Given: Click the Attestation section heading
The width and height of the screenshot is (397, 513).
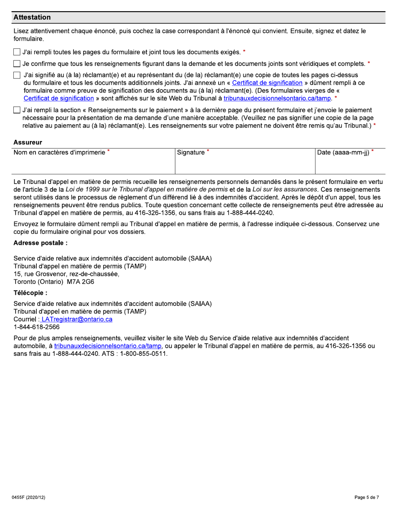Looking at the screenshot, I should point(32,18).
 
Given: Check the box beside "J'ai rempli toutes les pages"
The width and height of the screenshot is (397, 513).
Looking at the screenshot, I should point(17,52).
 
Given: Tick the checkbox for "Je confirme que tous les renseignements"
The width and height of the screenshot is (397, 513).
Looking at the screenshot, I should point(17,64).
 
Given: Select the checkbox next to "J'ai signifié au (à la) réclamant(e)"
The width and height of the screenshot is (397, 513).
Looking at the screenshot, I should point(17,75).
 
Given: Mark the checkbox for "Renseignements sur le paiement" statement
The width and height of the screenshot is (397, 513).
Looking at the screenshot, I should point(17,111).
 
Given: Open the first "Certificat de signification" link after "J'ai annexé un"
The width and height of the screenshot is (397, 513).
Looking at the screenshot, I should point(267,83).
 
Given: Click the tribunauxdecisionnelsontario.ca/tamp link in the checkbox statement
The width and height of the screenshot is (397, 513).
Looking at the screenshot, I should point(277,98).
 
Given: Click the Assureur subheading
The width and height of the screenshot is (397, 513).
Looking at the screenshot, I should point(28,143).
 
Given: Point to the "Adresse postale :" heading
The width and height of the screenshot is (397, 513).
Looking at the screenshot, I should point(41,243).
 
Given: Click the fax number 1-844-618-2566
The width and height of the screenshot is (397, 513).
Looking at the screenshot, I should point(36,327).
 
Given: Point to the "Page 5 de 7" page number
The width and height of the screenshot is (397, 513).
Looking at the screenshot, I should point(366,498).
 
